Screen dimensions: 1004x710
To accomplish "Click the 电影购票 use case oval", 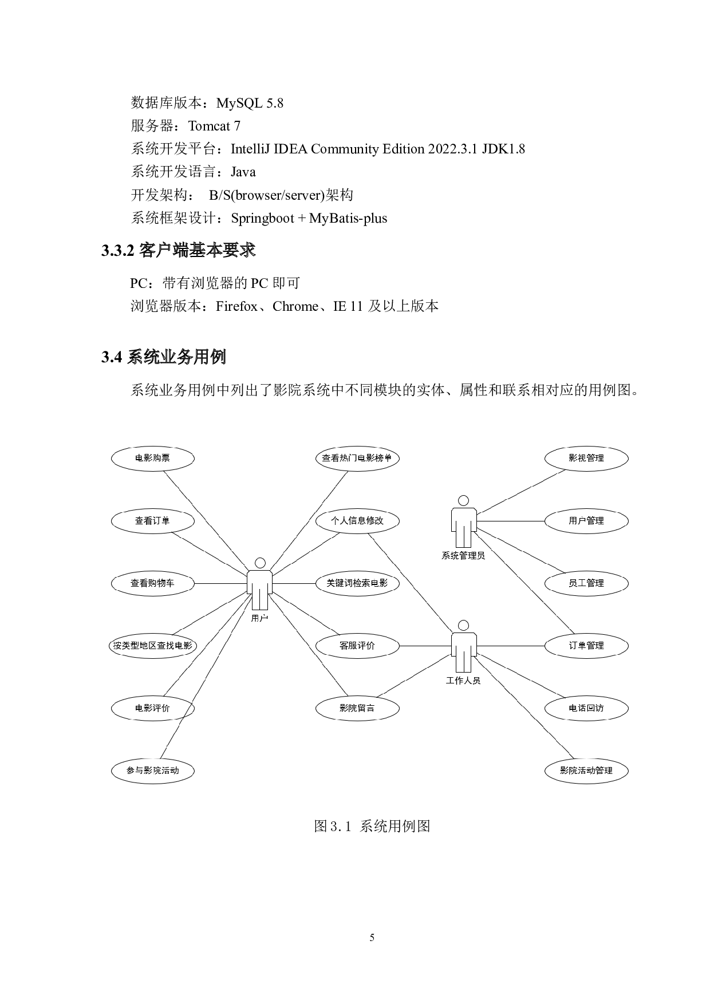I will [153, 458].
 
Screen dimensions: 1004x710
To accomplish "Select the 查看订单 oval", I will [153, 521].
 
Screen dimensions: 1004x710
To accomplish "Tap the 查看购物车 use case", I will [153, 583].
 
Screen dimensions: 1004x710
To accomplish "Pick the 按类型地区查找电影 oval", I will [153, 646].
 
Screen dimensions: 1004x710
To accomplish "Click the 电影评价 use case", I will [153, 708].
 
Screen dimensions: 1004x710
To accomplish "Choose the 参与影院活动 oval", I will [153, 770].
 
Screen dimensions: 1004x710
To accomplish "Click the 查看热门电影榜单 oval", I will [357, 458].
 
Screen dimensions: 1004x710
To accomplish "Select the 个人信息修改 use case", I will [357, 521].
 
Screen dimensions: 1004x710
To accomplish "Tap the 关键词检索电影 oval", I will [357, 583].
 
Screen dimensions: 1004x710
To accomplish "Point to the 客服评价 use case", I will [357, 646].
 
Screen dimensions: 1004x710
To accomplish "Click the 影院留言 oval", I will [357, 708].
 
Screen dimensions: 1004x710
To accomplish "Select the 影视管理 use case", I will [586, 458].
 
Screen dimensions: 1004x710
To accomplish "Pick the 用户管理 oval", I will [586, 521].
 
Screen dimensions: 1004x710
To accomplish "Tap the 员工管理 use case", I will [586, 583].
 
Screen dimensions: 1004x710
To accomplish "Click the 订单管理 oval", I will [586, 646].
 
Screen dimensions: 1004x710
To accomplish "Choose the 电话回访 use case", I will [586, 708].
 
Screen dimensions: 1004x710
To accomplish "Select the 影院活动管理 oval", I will [586, 770].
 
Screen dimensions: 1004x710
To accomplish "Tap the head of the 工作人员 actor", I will [463, 626].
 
